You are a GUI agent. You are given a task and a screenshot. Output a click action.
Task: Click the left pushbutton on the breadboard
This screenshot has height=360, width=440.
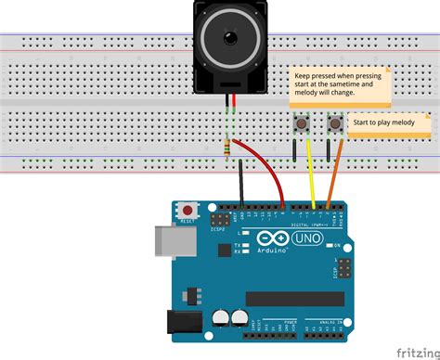pos(303,123)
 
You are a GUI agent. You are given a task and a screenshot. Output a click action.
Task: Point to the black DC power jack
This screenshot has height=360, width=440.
pos(185,320)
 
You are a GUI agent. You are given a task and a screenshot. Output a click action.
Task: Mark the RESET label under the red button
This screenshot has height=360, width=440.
pos(188,223)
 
